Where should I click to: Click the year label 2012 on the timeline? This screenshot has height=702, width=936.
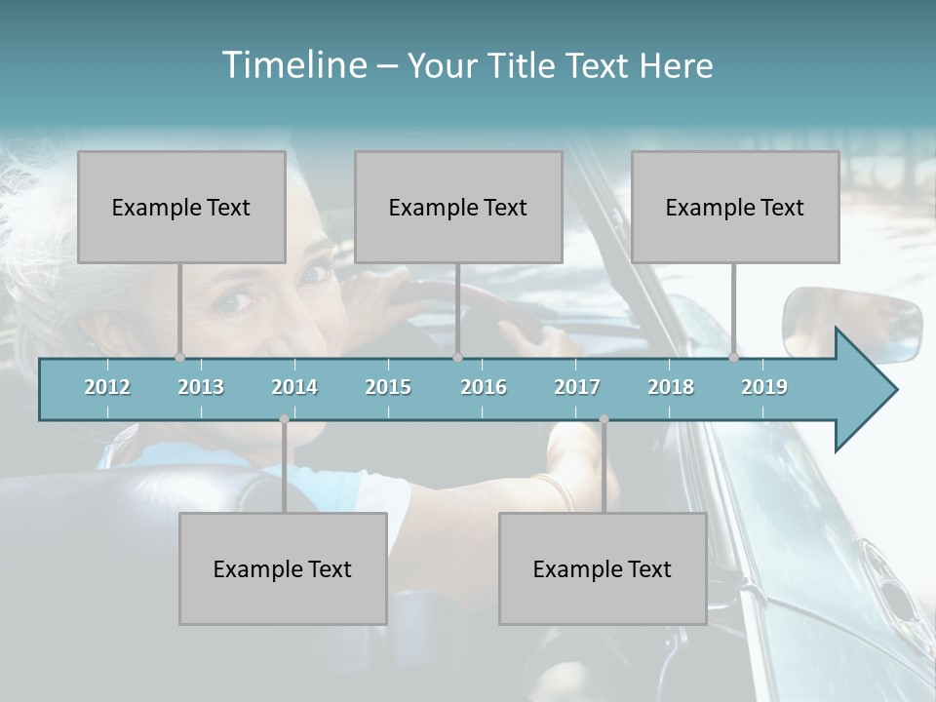point(107,387)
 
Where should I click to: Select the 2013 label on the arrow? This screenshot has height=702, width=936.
point(201,387)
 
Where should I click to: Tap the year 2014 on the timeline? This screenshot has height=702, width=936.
point(294,387)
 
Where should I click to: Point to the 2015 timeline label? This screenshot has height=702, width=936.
point(388,387)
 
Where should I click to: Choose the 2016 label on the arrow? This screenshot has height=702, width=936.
point(484,387)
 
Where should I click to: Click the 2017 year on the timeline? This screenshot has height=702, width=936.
point(577,387)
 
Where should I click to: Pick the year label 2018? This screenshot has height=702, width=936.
point(671,387)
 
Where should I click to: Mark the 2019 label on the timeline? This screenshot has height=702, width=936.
point(764,387)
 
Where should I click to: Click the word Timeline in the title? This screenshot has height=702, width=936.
point(293,65)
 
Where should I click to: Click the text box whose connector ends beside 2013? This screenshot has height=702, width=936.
point(181,207)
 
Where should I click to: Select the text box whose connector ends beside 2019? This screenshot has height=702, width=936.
point(735,207)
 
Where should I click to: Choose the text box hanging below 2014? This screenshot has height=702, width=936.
point(283,568)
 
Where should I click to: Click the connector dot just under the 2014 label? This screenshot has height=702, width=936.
point(284,419)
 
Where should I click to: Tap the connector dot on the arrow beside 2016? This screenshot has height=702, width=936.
point(457,358)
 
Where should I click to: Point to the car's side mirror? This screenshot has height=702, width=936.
point(851,323)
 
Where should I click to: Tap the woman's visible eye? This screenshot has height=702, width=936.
point(234,301)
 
